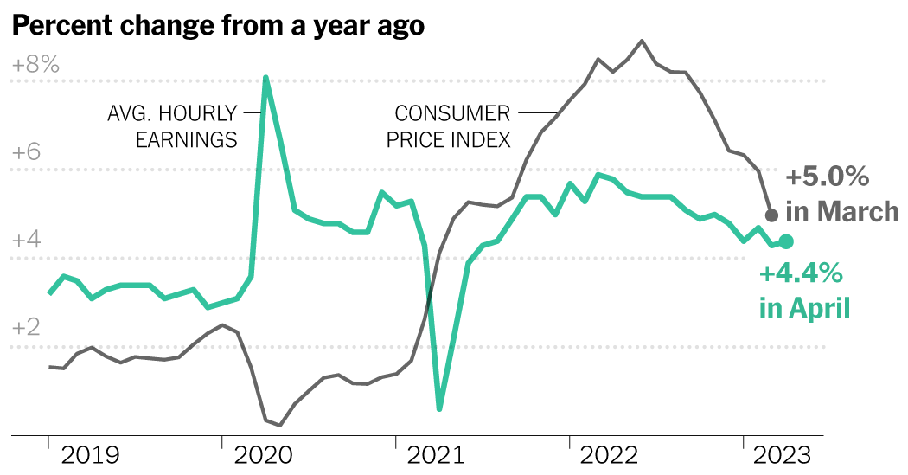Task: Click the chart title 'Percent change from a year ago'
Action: tap(218, 26)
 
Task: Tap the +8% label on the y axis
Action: tap(35, 65)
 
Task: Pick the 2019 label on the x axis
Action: tap(90, 455)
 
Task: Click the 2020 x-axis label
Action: tap(265, 455)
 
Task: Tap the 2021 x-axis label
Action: tap(435, 455)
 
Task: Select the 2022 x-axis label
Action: tap(611, 455)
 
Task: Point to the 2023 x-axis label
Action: tap(779, 455)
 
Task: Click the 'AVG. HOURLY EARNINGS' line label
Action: tap(172, 126)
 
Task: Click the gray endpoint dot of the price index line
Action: tap(772, 215)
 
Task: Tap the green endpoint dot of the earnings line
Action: tap(786, 242)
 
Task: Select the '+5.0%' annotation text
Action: tap(827, 178)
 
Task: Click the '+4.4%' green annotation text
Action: tap(800, 275)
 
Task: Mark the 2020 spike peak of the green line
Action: tap(265, 78)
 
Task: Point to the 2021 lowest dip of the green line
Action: tap(439, 408)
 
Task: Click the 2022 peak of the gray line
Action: tap(642, 41)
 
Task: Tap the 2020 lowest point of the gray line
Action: tap(279, 425)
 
